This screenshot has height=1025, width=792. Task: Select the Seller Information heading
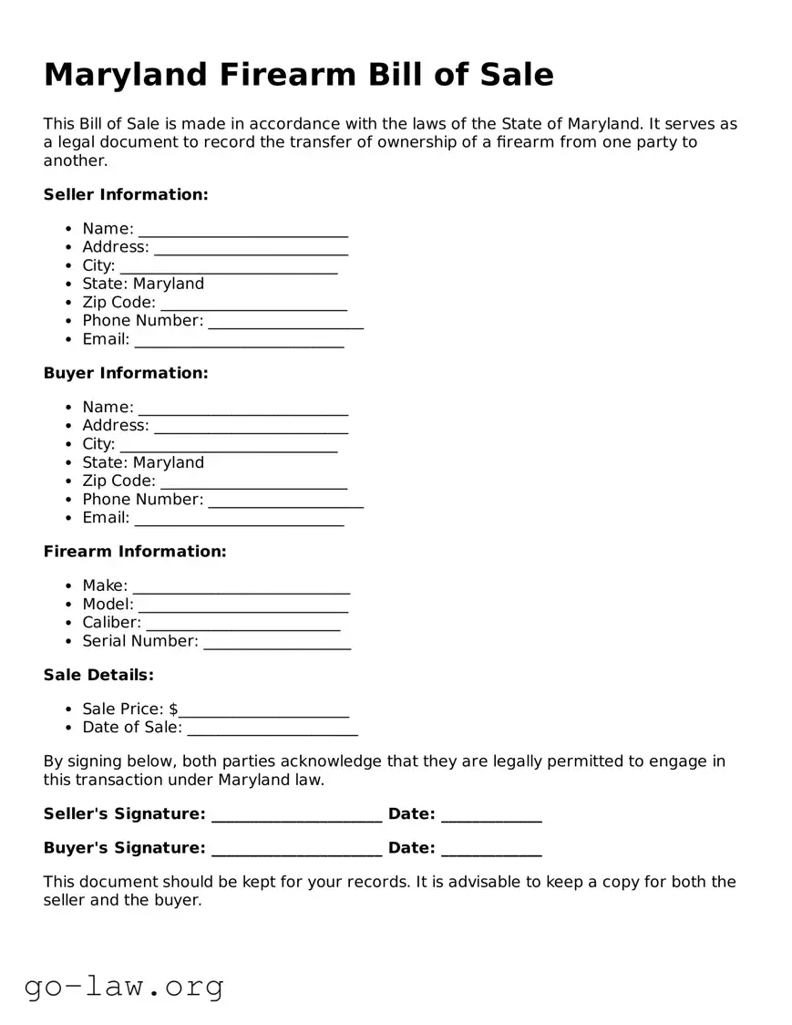pos(126,194)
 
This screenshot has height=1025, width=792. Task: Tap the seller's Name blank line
pos(242,230)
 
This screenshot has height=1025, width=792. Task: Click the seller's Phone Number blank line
pos(285,322)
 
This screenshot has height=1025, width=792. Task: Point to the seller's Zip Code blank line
pos(253,304)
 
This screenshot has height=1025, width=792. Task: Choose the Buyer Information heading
pos(126,373)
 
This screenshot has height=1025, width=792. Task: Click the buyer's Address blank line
pos(251,427)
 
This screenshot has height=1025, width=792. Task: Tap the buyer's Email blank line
pos(239,519)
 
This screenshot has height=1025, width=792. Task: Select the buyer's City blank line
pos(228,445)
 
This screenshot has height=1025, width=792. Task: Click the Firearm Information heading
pos(135,552)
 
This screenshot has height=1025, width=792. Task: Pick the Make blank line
pos(241,587)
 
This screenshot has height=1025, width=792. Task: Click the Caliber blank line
pos(242,624)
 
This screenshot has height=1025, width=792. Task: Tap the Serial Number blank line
pos(277,642)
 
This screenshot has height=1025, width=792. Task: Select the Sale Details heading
pos(98,675)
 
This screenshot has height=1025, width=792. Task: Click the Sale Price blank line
pos(264,710)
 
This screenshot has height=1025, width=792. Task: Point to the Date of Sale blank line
pos(272,729)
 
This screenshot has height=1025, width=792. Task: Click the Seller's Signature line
pos(296,815)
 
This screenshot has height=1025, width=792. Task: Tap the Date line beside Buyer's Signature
pos(491,849)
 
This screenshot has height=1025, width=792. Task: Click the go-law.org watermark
pos(124,986)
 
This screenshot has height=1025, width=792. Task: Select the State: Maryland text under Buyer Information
pos(143,463)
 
